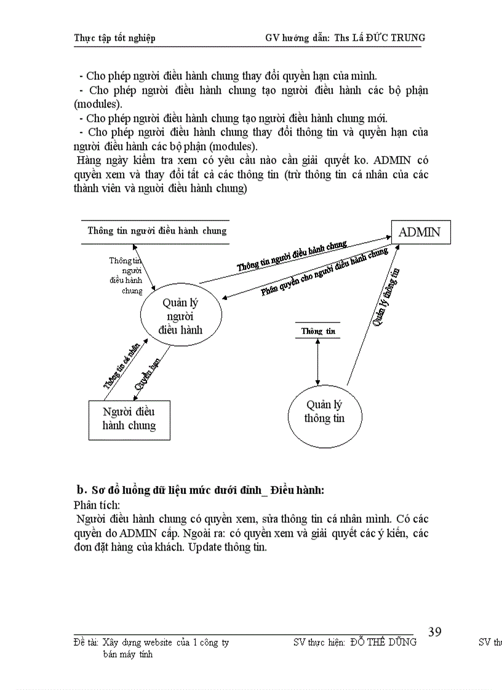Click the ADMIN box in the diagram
point(420,232)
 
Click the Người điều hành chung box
point(129,418)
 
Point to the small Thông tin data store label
point(318,331)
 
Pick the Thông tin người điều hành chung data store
point(157,231)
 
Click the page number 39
point(434,632)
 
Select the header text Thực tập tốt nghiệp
point(114,38)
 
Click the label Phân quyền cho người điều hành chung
point(324,272)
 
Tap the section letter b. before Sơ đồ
point(80,490)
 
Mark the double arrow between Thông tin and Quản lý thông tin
point(318,361)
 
